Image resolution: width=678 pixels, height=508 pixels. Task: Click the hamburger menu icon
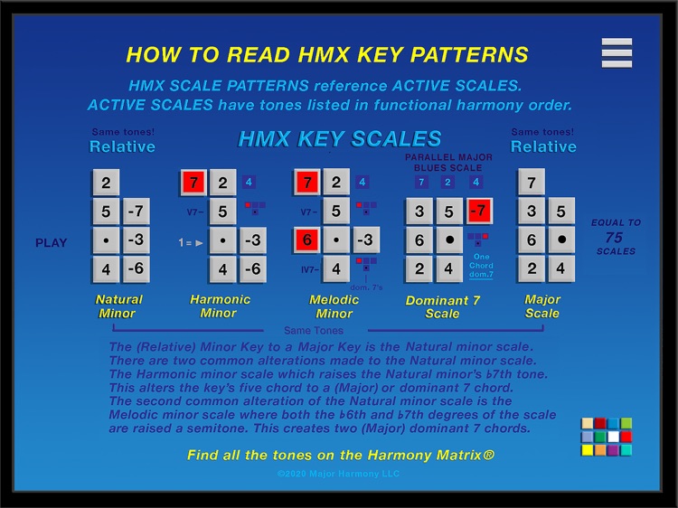[x=617, y=52]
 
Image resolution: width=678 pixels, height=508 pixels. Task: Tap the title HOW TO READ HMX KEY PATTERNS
[x=327, y=54]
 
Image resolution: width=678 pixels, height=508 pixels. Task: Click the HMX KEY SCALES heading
[x=340, y=139]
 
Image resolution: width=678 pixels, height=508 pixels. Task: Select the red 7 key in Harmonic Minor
[x=193, y=183]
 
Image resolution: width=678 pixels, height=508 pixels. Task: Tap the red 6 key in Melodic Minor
[x=306, y=241]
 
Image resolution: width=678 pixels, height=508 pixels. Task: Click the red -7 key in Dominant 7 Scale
[x=479, y=212]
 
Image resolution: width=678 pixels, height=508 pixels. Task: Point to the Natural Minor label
[x=119, y=306]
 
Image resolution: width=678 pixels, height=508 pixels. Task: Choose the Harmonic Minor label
[x=220, y=306]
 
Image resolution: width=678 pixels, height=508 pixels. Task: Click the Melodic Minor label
[x=334, y=306]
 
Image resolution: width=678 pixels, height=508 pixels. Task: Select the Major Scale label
[x=542, y=306]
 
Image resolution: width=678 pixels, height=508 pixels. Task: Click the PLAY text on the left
[x=52, y=243]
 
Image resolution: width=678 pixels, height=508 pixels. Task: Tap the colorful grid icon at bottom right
[x=607, y=437]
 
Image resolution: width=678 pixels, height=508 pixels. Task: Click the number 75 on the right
[x=615, y=238]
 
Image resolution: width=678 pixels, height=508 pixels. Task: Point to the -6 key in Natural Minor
[x=136, y=269]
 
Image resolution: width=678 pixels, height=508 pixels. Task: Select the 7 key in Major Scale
[x=532, y=183]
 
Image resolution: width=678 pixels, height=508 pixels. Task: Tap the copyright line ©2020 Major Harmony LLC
[x=338, y=474]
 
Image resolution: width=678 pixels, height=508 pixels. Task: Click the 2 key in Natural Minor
[x=106, y=183]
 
